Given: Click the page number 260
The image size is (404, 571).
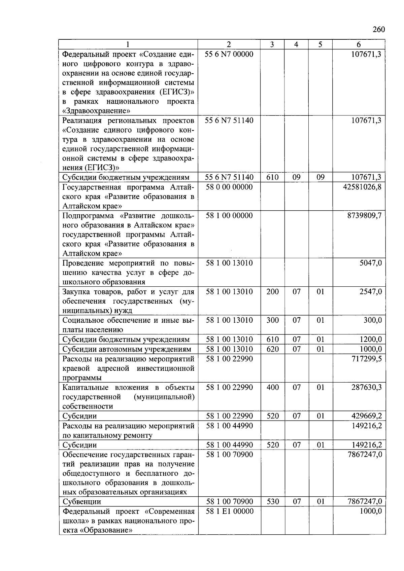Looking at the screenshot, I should point(378,30).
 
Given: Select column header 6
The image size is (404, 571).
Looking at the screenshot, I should point(359,44).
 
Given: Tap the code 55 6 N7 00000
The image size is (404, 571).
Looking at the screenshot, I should point(229,54).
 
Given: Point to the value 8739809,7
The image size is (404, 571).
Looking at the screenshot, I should point(364,216).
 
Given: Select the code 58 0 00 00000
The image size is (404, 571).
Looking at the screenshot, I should point(229,187).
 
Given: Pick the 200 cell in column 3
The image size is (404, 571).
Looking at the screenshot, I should point(272,292).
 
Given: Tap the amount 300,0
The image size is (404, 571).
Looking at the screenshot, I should point(372,320).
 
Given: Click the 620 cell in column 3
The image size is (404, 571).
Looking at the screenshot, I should point(272,349).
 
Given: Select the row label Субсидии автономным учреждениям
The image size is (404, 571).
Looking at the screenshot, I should point(127,349).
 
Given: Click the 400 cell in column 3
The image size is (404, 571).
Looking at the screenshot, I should point(272,388).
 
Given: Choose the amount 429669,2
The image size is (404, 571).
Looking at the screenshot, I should point(366,416).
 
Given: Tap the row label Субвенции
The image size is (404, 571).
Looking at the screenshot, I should point(82,502).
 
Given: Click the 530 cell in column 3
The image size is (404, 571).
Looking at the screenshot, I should point(272,502).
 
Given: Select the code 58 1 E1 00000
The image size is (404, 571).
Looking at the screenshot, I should point(229,511).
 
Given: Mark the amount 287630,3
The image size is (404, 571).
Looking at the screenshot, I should point(366,388).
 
